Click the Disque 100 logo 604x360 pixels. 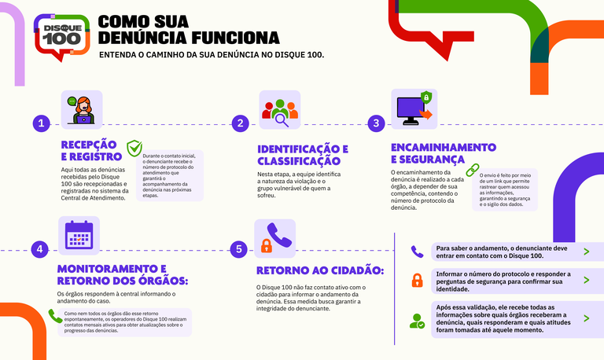click(x=61, y=37)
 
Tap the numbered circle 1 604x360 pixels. click(x=42, y=124)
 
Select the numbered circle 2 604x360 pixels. click(x=241, y=123)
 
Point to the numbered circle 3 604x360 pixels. click(x=377, y=123)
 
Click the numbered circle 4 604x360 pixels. click(x=39, y=249)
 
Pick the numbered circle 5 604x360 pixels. click(x=239, y=249)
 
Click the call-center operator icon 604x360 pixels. click(x=82, y=110)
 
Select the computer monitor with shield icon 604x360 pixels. click(x=414, y=109)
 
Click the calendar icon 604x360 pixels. click(x=79, y=236)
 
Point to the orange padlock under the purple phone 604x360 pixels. click(x=267, y=245)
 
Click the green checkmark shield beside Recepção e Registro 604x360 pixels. click(x=134, y=149)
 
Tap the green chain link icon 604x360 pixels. click(x=473, y=170)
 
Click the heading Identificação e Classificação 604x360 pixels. click(x=303, y=155)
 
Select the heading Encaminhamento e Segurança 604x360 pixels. click(x=444, y=153)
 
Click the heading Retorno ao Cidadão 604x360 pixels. click(x=320, y=270)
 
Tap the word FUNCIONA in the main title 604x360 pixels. click(x=235, y=38)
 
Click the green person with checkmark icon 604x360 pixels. click(x=417, y=321)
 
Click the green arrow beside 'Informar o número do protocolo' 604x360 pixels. click(x=586, y=281)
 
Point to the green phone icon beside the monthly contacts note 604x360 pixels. click(x=55, y=316)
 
